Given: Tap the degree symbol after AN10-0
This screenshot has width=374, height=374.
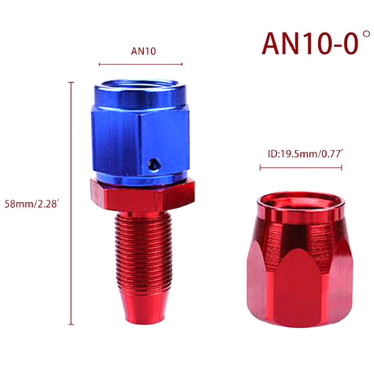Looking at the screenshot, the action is point(366,35).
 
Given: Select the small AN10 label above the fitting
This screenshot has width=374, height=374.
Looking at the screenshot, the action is point(144,51).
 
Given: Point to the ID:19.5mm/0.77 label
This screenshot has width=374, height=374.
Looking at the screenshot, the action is point(305,154).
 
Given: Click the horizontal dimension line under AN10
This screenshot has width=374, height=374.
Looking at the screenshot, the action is point(141,64).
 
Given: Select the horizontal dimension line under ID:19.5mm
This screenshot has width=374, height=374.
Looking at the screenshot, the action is point(301,168).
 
